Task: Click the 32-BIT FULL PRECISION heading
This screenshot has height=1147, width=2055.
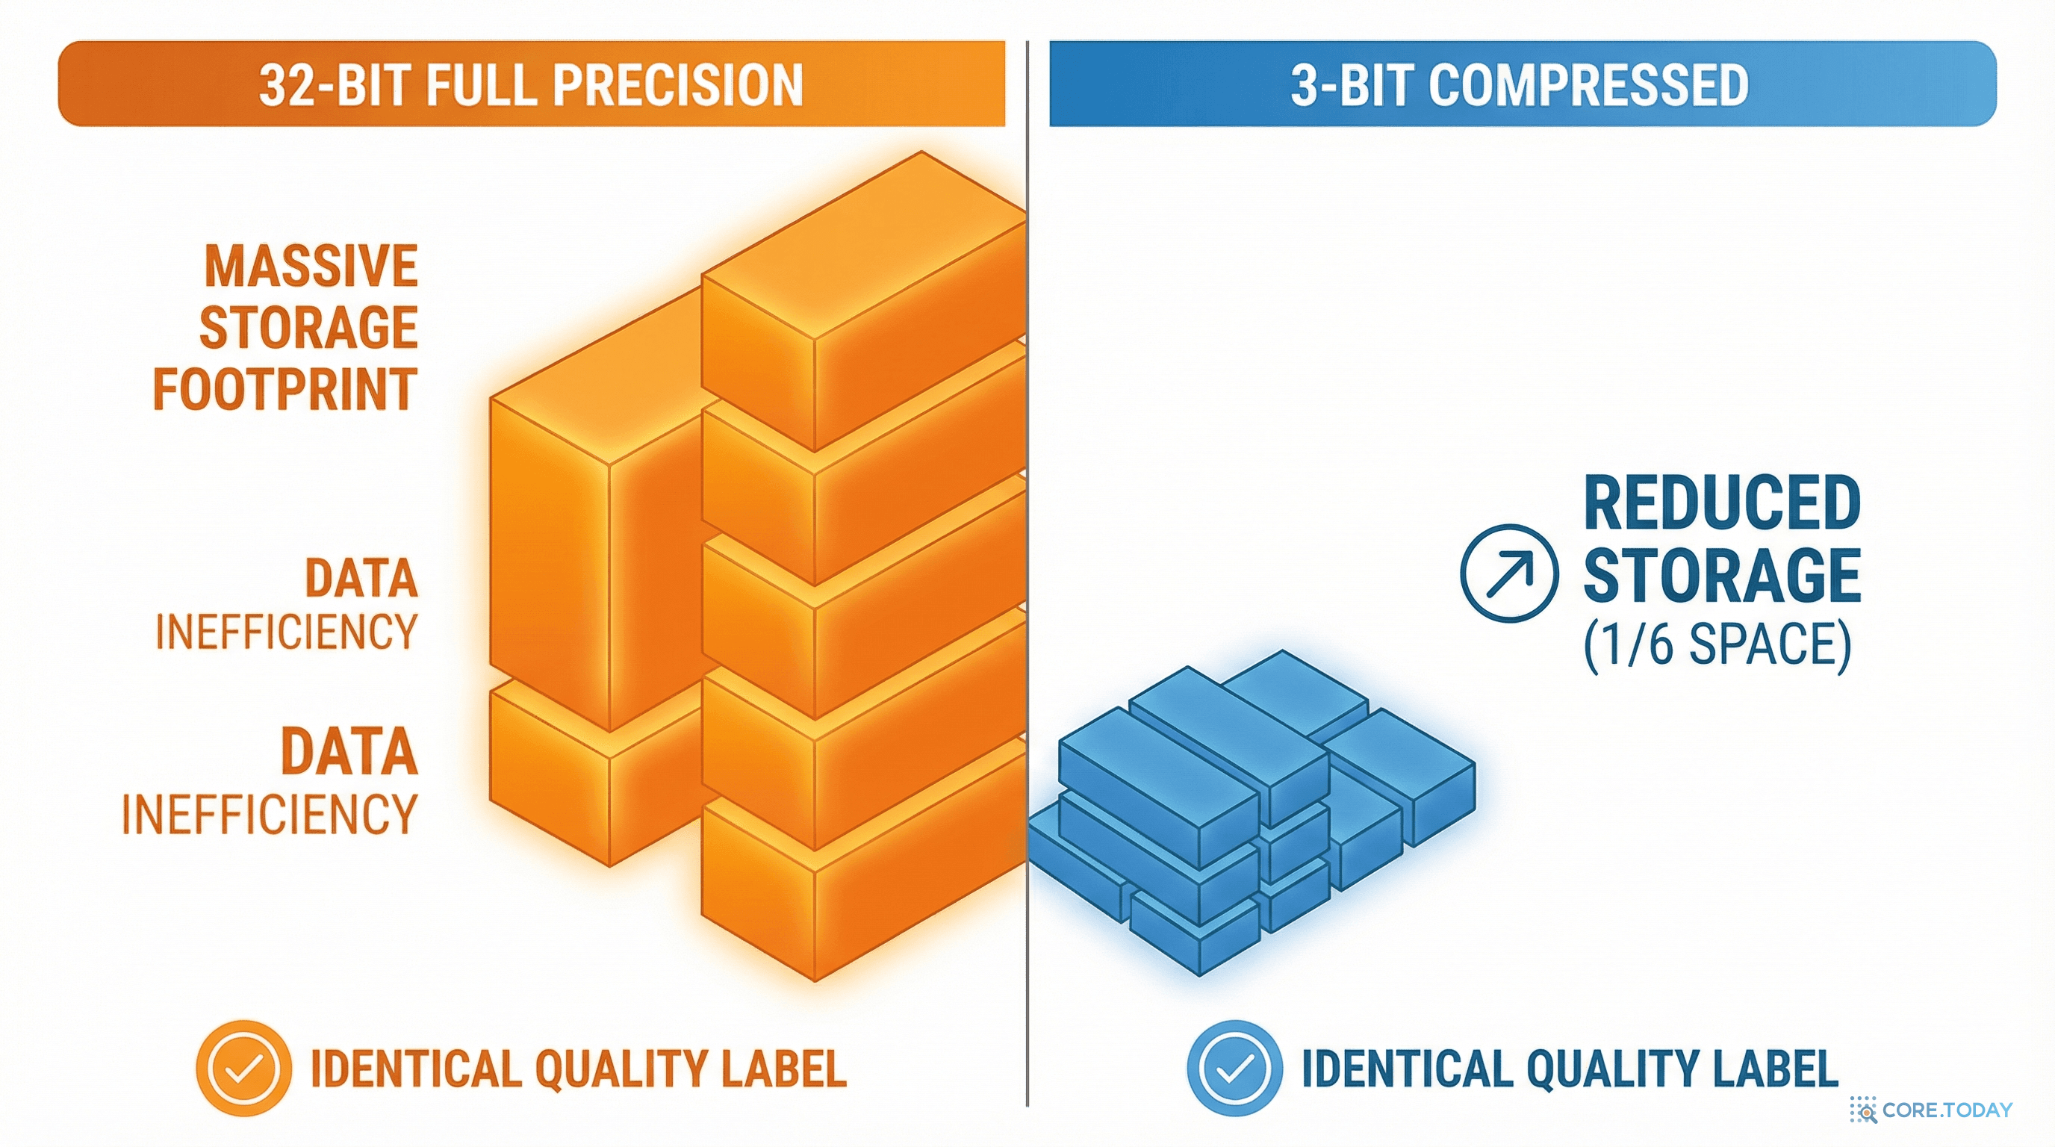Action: click(530, 84)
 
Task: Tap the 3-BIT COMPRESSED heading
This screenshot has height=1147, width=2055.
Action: click(1520, 84)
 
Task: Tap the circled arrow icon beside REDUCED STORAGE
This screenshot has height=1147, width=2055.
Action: click(1508, 572)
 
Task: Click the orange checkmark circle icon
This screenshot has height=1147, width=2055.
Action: click(243, 1068)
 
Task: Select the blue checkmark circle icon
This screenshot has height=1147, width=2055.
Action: click(1234, 1068)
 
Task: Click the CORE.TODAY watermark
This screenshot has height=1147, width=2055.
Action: click(1930, 1110)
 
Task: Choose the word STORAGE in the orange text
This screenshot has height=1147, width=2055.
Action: click(308, 327)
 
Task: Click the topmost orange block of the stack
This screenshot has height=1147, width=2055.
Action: click(863, 302)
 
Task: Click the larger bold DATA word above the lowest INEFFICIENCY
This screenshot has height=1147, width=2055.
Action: click(349, 751)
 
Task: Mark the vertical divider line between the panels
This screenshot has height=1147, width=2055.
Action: click(1027, 573)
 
